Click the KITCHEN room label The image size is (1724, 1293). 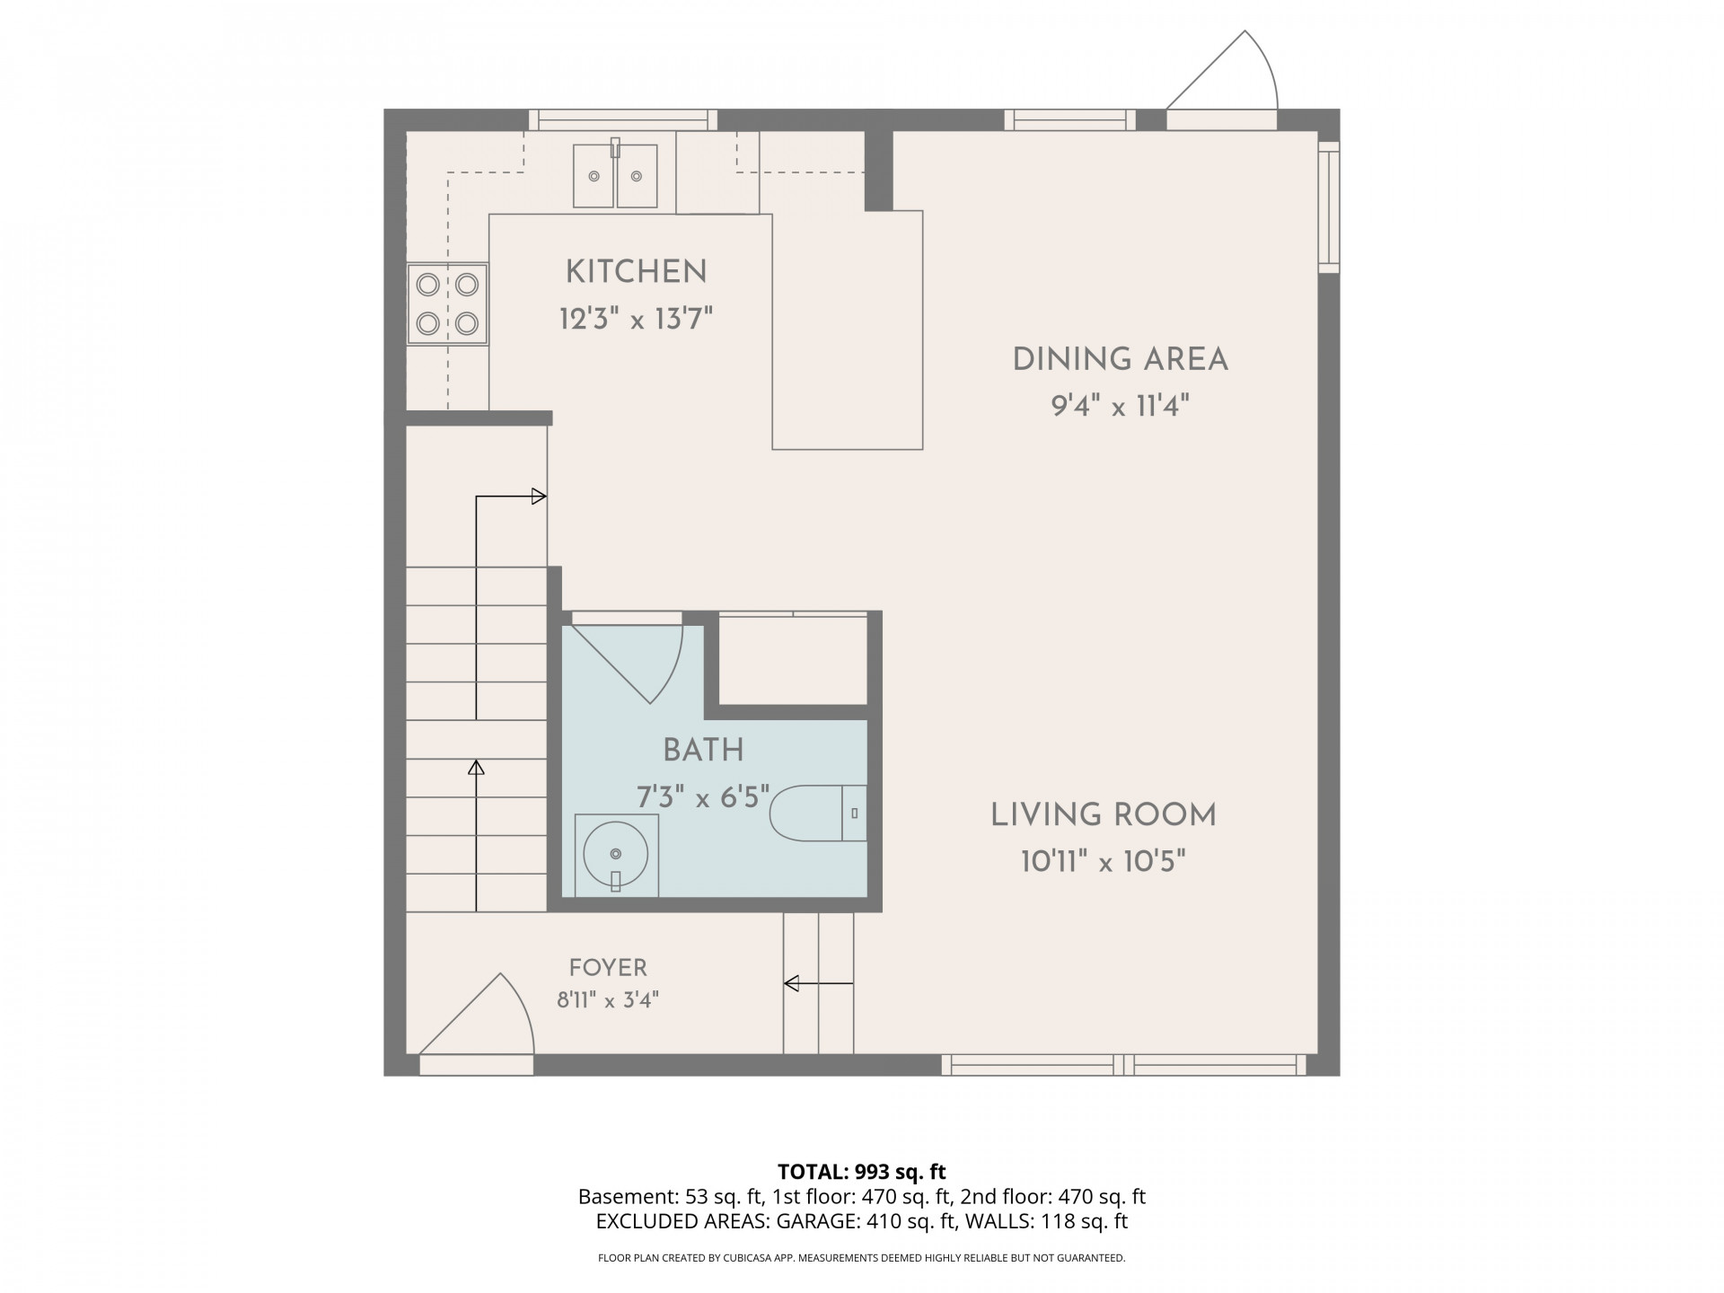click(636, 271)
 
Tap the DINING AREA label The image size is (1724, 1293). click(1120, 359)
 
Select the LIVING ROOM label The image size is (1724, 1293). click(1104, 815)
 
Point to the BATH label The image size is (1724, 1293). click(703, 750)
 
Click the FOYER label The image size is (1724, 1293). click(608, 968)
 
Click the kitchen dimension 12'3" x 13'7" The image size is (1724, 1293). click(636, 319)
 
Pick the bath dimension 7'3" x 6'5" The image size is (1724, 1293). click(703, 796)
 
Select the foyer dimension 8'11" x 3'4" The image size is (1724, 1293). click(608, 1000)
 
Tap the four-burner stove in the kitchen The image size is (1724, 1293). click(447, 303)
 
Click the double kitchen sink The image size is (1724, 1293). click(616, 176)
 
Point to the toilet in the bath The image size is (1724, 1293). click(818, 814)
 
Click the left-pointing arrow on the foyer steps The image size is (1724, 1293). click(818, 984)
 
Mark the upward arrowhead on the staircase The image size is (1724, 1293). click(476, 768)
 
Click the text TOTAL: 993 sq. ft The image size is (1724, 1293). click(862, 1172)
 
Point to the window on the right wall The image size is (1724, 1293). click(1329, 207)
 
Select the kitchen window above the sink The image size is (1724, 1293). click(623, 120)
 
